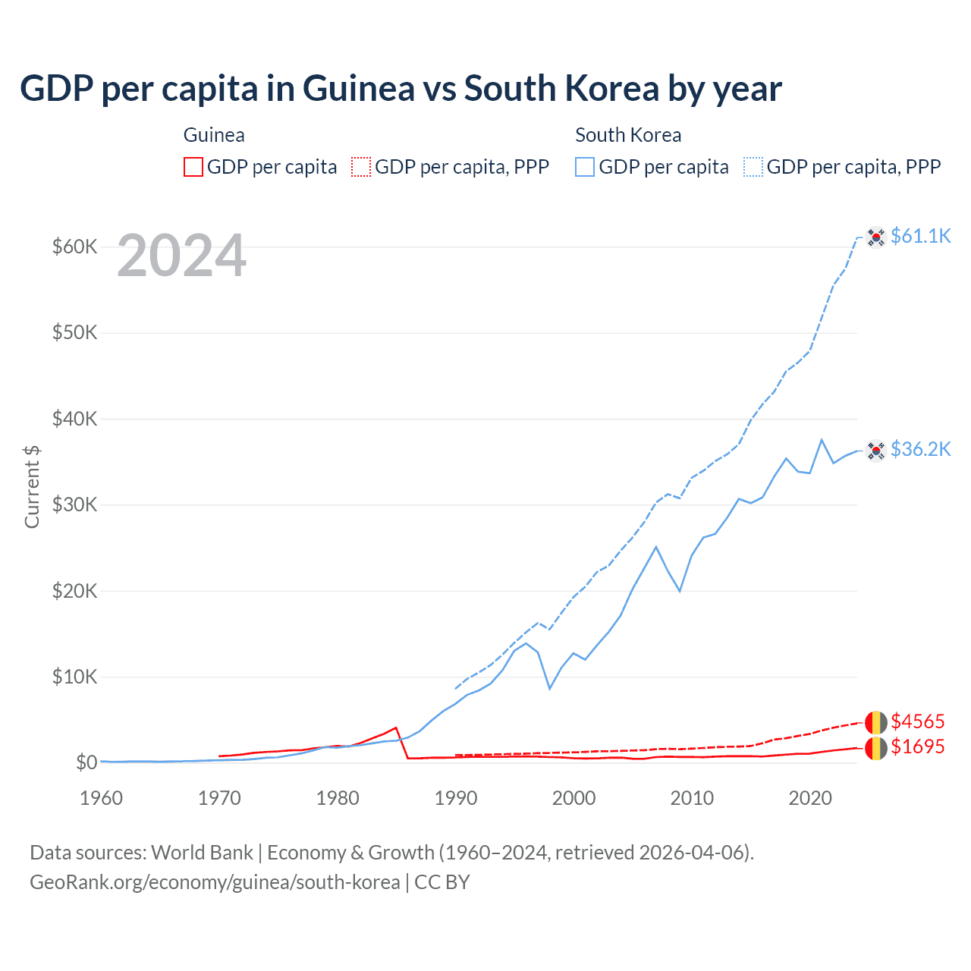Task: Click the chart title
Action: click(401, 89)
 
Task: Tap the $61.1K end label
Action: click(920, 236)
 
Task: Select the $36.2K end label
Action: click(920, 449)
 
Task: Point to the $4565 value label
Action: click(917, 721)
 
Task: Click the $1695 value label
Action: click(917, 746)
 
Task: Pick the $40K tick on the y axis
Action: click(74, 419)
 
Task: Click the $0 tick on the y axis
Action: click(86, 762)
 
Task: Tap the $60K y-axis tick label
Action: click(74, 247)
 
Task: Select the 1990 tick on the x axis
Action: click(455, 798)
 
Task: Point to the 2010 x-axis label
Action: click(692, 798)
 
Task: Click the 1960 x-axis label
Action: click(101, 798)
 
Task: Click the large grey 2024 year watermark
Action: click(181, 256)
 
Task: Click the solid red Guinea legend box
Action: click(193, 167)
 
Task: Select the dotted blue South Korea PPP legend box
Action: click(753, 167)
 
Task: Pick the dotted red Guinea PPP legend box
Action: click(362, 167)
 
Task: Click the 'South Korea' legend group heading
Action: click(628, 135)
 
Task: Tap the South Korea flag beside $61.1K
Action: click(876, 237)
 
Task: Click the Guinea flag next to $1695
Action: click(876, 747)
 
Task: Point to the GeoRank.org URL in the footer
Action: click(215, 882)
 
